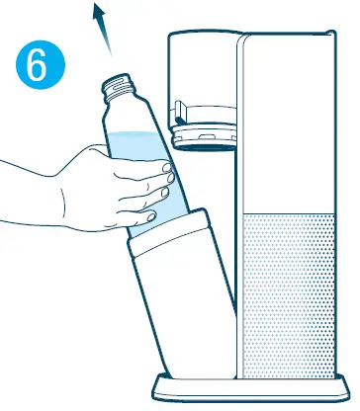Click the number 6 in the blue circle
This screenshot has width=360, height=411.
pyautogui.click(x=36, y=68)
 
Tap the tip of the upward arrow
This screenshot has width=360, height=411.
pyautogui.click(x=96, y=7)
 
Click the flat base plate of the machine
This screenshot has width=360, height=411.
pyautogui.click(x=247, y=386)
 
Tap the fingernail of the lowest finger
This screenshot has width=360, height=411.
pyautogui.click(x=145, y=215)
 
